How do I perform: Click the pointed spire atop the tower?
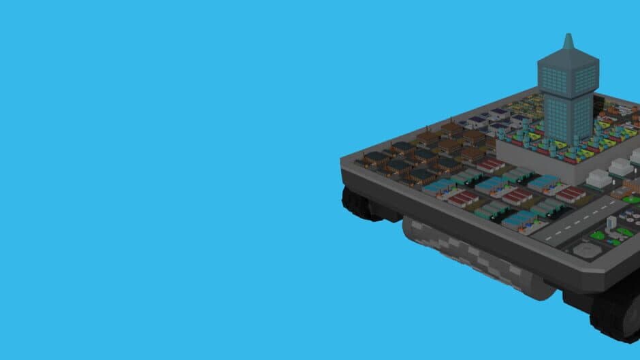[x=568, y=42]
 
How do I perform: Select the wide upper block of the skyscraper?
[x=568, y=73]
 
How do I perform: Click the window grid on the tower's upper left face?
[x=554, y=80]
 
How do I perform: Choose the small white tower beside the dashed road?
[x=611, y=222]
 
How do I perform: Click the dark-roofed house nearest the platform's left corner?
[x=376, y=159]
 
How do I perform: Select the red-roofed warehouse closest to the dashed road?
[x=571, y=195]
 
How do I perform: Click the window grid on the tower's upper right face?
[x=584, y=80]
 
